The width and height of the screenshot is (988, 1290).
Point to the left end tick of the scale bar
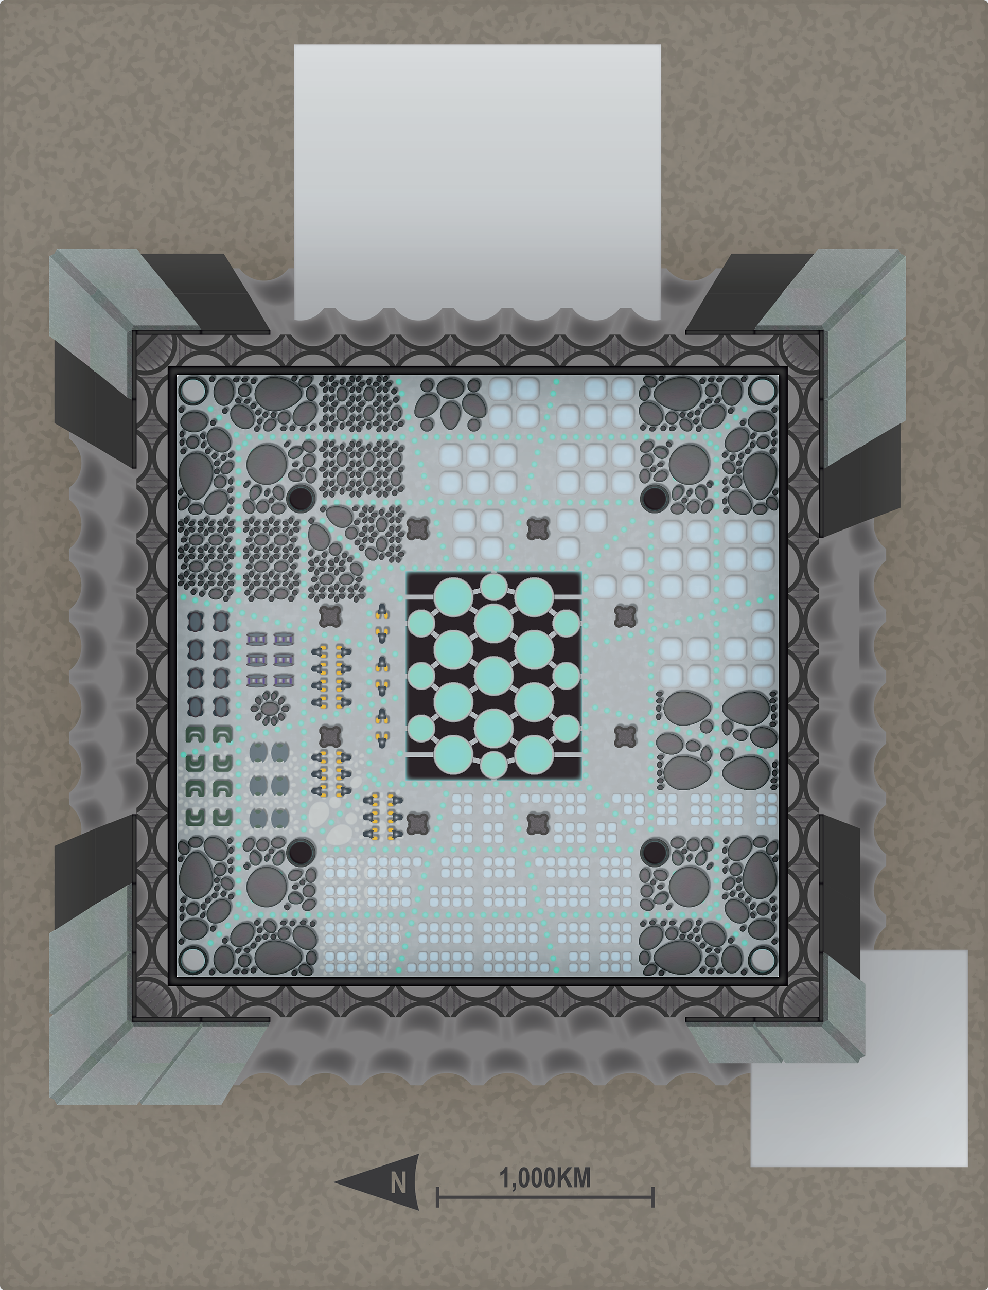coord(437,1196)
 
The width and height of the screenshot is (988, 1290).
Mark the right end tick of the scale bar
coord(653,1196)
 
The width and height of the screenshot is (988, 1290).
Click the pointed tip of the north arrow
coord(334,1181)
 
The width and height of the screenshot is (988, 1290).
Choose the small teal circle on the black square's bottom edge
coord(494,764)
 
